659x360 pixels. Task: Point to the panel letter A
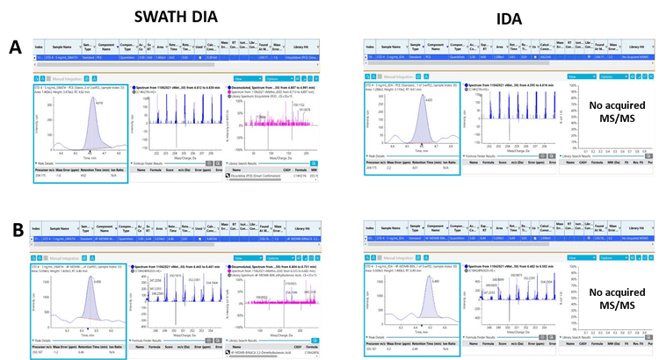pyautogui.click(x=13, y=46)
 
